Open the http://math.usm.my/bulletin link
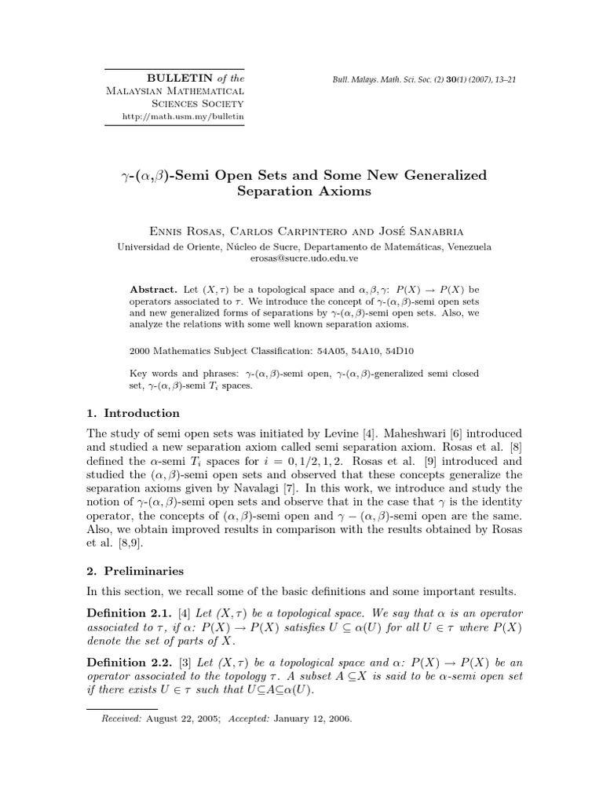[x=183, y=116]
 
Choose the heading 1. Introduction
[x=132, y=413]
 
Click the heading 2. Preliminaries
[x=135, y=572]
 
